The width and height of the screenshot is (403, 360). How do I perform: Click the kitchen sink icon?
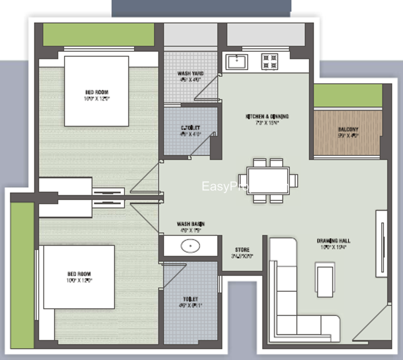point(236,62)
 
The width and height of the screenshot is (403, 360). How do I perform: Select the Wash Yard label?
point(190,74)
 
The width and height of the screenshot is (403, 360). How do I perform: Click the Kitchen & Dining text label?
point(267,116)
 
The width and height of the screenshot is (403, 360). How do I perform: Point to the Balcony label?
point(348,130)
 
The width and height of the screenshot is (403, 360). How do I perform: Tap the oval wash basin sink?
point(190,246)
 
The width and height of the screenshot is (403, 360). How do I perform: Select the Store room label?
point(242,250)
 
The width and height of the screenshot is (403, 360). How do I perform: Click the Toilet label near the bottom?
point(191,299)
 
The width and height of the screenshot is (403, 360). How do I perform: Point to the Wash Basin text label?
point(190,223)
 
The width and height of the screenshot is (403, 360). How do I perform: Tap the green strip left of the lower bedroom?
point(23,272)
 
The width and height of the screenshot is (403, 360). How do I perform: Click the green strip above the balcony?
point(348,96)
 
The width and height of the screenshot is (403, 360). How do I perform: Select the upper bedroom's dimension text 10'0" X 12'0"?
point(97,99)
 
